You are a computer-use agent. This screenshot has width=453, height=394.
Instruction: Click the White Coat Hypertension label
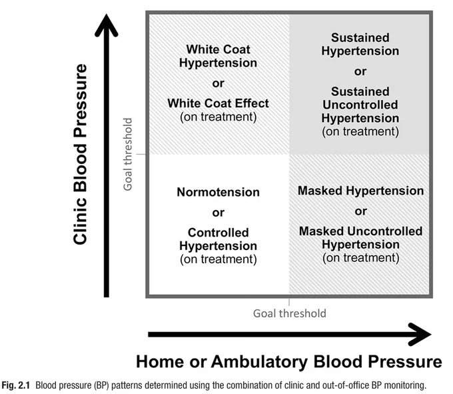[218, 56]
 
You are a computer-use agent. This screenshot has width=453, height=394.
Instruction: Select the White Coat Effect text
[218, 103]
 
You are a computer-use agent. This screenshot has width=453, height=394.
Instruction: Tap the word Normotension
[218, 192]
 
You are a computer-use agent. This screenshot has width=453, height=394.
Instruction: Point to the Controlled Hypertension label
[218, 239]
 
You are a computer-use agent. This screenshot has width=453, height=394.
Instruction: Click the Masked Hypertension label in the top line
[360, 191]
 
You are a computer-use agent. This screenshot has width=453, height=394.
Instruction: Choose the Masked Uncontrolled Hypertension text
[360, 238]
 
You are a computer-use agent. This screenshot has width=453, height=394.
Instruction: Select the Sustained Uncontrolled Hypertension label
[360, 105]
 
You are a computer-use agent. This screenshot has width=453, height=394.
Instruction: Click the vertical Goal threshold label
[128, 154]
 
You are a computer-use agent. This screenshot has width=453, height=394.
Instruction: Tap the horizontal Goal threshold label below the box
[290, 313]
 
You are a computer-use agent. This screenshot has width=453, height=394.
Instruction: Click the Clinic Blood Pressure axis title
[80, 154]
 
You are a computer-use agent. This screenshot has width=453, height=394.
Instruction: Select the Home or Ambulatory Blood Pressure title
[289, 361]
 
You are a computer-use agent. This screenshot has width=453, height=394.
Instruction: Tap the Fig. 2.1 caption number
[15, 385]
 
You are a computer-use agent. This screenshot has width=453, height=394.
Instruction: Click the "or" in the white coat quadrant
[218, 83]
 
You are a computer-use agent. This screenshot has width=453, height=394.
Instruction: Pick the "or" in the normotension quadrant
[218, 213]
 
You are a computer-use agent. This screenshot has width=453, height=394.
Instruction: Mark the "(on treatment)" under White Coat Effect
[218, 117]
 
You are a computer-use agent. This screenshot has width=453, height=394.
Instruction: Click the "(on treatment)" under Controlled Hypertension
[218, 259]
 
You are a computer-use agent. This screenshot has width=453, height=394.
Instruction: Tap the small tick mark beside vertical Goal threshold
[141, 154]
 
